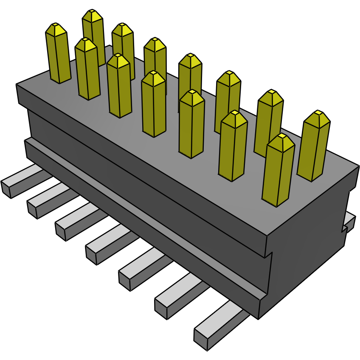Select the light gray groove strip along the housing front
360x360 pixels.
pyautogui.click(x=149, y=221)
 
